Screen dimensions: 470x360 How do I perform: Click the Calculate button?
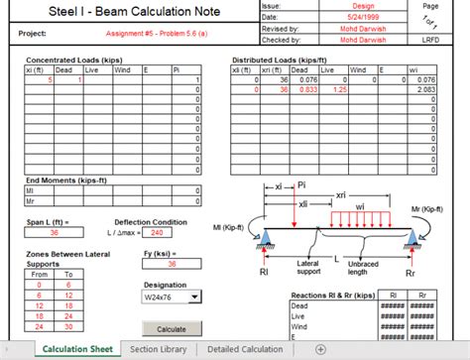point(172,328)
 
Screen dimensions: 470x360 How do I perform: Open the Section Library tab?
point(157,350)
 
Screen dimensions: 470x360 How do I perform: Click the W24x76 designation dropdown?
point(172,296)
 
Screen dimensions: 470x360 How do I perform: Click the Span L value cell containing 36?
point(55,233)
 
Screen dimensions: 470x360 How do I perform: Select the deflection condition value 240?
point(155,233)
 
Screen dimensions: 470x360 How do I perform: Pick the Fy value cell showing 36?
point(170,264)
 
